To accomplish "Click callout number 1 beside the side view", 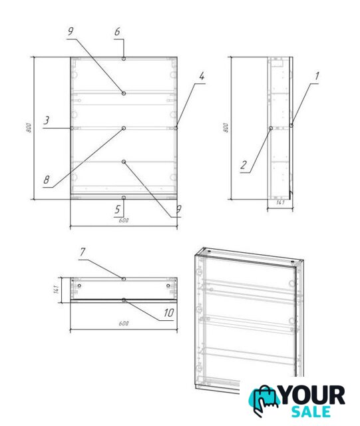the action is [317, 76].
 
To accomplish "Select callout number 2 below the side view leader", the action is [244, 165].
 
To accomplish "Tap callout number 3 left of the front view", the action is [47, 120].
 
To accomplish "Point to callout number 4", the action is [202, 76].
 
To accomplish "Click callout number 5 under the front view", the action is [117, 209].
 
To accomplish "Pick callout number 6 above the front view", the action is [117, 32].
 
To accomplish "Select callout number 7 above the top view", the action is [83, 252].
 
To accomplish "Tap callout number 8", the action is [47, 179].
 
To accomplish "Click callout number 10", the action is [168, 313].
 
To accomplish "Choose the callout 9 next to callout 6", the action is [71, 31].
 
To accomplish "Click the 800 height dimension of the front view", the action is [29, 128].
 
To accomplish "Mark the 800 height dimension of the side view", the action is [226, 128].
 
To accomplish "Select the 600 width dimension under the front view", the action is [124, 220].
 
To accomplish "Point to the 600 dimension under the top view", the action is [124, 323].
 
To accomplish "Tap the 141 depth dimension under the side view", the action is [280, 202].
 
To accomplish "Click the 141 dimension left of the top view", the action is [57, 290].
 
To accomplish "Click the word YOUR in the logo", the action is [313, 395].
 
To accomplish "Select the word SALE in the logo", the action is [311, 411].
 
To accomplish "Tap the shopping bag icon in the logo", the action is [264, 400].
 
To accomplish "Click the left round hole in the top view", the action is [80, 286].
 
